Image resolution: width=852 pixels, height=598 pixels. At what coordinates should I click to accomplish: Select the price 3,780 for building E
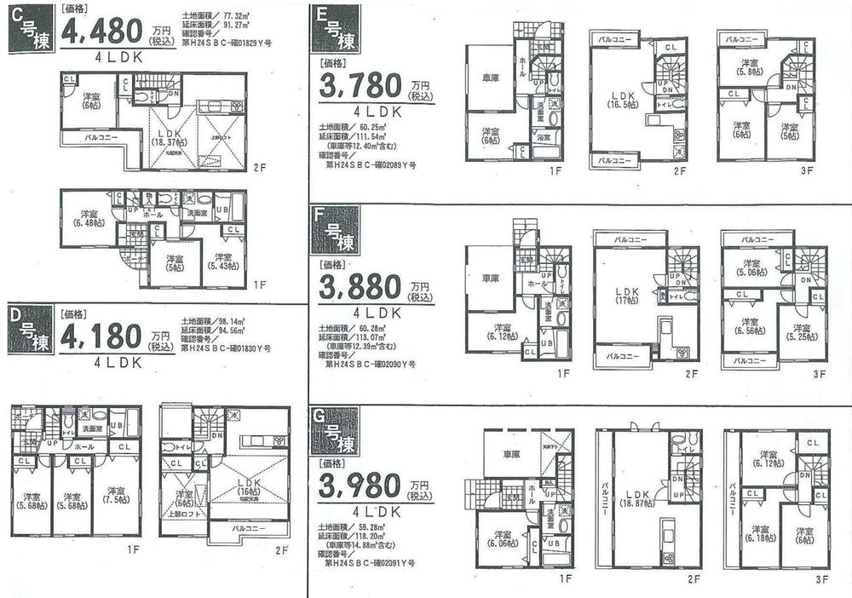(360, 88)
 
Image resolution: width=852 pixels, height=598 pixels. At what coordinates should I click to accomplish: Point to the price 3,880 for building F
(360, 290)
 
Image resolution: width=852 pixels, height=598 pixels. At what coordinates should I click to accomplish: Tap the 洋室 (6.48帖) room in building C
(89, 218)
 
